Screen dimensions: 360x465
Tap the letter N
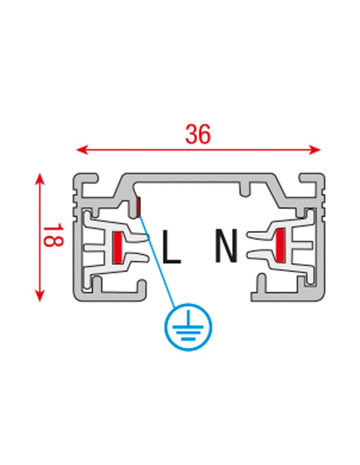coord(226,246)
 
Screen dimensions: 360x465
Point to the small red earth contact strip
coord(138,206)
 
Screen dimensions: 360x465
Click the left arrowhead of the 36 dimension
coord(82,149)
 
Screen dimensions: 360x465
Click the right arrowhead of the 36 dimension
coord(315,149)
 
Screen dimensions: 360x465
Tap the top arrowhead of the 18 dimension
coord(40,179)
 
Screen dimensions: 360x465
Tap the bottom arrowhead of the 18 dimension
coord(40,296)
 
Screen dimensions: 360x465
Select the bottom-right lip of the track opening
coord(276,296)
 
